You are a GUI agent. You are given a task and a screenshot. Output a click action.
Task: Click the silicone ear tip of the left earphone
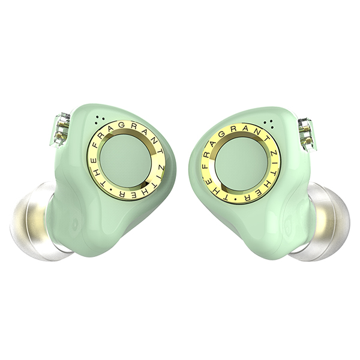tap(33, 222)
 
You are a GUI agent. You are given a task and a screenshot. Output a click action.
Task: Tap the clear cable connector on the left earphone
tap(62, 130)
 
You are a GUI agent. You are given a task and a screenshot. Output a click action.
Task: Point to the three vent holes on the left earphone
tap(100, 119)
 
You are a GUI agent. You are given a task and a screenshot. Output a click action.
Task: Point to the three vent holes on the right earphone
tap(269, 124)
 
